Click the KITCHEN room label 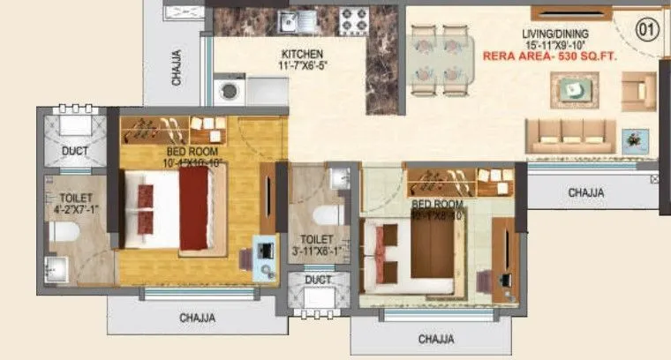point(302,54)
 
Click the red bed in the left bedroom point(202,207)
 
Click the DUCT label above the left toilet point(74,151)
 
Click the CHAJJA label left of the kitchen point(178,64)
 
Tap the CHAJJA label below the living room point(586,191)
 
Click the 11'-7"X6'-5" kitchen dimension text point(302,65)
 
